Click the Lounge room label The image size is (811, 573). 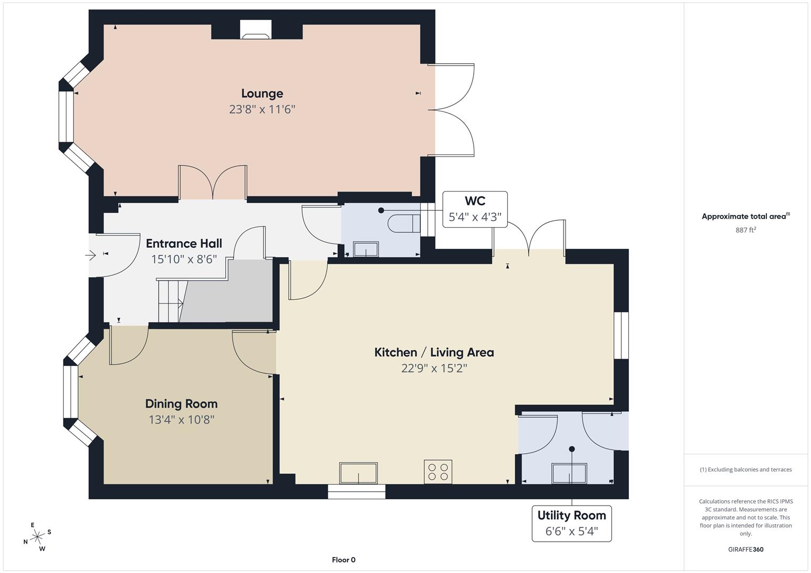coord(262,93)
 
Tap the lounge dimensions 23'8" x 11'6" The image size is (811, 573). coord(262,109)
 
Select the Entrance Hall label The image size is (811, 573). coord(184,244)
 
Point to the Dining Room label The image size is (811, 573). coord(182,404)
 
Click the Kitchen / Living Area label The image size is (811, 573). coord(434,352)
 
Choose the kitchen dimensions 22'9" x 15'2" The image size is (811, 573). coord(434,368)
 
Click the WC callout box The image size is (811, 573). coord(475,209)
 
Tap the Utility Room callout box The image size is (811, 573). coord(571,524)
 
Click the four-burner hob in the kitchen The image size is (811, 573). coord(438,472)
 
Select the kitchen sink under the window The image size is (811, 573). coord(358,473)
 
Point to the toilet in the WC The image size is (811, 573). coord(404,223)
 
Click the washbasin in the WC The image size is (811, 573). coord(366,249)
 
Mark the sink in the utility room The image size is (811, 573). coord(569,473)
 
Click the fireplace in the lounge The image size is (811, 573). coord(255,30)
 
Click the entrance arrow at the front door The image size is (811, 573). coord(90,255)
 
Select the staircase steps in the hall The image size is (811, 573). coord(170,301)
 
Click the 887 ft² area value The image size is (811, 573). coord(746,230)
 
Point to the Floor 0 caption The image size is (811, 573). coord(344,560)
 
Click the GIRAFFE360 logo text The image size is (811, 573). coord(746,549)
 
